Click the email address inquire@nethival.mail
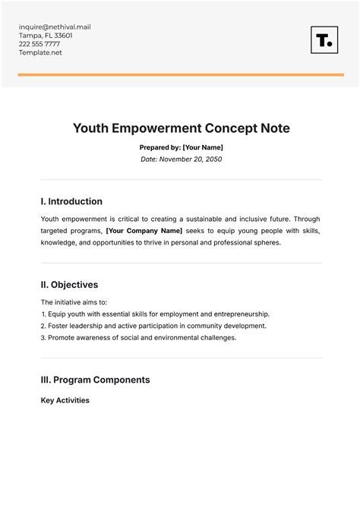coord(55,27)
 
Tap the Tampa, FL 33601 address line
coord(46,36)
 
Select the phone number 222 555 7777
coord(39,44)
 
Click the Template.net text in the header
coord(41,52)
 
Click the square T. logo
coord(324,40)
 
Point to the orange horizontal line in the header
coord(180,74)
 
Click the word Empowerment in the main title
coord(160,128)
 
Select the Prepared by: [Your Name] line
coord(182,147)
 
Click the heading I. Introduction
coord(71,201)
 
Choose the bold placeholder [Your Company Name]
coord(144,231)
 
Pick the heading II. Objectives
coord(69,285)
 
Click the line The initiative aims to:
coord(74,301)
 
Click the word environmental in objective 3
coord(169,337)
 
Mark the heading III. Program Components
coord(95,380)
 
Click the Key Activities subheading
coord(65,400)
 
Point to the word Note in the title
coord(272,128)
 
